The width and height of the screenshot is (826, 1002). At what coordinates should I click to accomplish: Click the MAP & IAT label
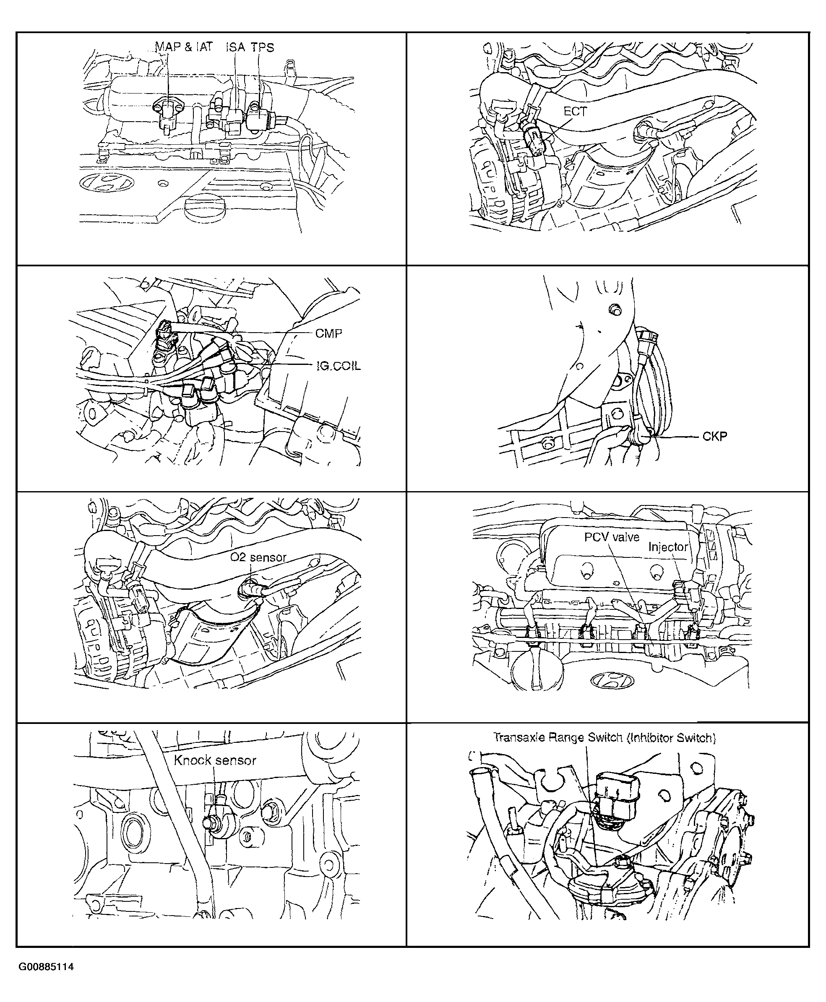click(184, 47)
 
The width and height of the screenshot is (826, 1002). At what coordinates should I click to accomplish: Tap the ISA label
click(235, 47)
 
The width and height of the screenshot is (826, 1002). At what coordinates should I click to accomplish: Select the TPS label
click(263, 47)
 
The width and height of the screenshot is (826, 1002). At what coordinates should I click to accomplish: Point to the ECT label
click(575, 111)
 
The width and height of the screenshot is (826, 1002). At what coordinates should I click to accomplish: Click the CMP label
click(329, 333)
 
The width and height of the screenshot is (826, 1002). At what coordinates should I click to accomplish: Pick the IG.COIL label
click(338, 366)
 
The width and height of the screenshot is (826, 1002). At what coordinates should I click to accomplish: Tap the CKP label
click(715, 436)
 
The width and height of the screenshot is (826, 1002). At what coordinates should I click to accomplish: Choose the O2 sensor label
click(258, 557)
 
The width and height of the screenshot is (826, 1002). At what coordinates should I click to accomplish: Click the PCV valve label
click(612, 537)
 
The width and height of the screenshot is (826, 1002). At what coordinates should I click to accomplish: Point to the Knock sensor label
click(215, 760)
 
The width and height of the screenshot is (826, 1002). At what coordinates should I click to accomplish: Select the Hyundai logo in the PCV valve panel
click(612, 681)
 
